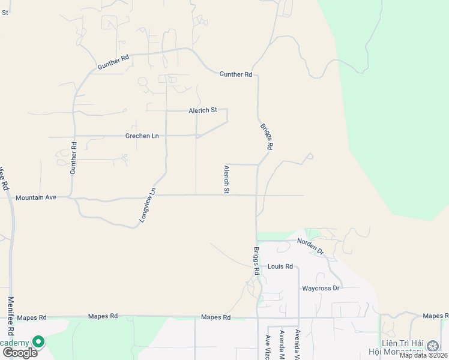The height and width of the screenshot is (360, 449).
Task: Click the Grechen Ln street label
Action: [142, 136]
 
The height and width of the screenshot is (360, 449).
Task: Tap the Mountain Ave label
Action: [35, 197]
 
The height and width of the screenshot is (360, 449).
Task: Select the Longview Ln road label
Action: [148, 205]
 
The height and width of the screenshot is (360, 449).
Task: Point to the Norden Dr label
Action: [310, 246]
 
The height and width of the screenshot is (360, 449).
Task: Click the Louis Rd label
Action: [280, 266]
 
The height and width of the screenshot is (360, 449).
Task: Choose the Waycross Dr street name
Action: [321, 288]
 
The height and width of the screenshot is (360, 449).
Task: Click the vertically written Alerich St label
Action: [227, 179]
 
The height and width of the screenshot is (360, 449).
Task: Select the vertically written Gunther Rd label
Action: [74, 158]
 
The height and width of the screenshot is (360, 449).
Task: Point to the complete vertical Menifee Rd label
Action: [11, 316]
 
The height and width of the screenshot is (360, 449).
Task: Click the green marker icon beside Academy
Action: [38, 341]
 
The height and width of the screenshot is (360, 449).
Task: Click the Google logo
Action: [20, 352]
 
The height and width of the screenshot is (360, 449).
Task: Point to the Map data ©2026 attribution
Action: [423, 355]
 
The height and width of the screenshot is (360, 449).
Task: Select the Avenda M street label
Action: [281, 344]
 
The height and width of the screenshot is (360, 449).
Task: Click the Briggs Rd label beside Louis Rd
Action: [256, 261]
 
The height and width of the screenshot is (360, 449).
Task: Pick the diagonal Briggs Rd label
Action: [267, 137]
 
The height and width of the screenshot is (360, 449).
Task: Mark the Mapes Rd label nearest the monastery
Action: [435, 315]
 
